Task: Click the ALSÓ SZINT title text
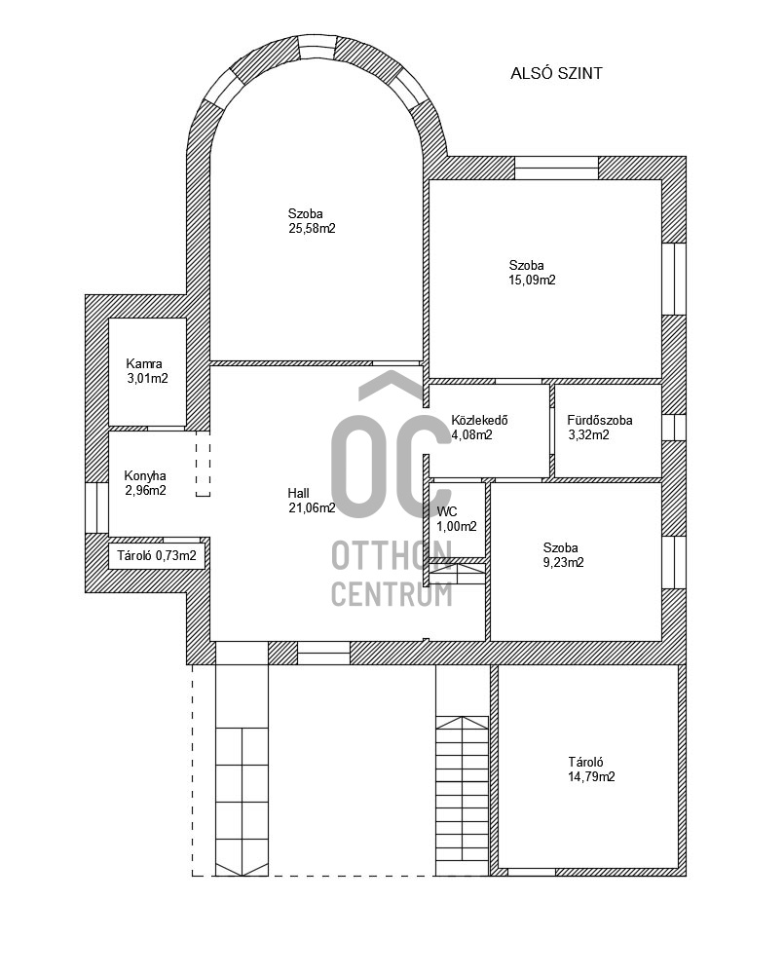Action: pos(556,73)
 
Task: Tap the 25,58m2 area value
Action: pos(305,229)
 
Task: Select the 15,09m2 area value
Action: pos(532,281)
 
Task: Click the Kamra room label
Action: pos(144,363)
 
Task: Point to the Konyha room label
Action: pos(145,475)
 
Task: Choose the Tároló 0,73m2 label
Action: pos(157,557)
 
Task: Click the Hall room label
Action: pos(298,493)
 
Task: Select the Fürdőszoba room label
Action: pos(600,421)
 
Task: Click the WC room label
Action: pos(447,511)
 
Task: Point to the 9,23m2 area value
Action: pos(564,562)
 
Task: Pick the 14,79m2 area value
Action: pos(592,777)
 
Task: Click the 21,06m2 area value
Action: pos(311,507)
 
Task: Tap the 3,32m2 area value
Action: pos(588,435)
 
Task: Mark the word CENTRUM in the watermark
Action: pos(392,593)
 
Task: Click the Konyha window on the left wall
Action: pos(96,507)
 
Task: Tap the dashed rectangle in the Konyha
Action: pos(203,465)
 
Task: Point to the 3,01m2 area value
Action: pos(147,379)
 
